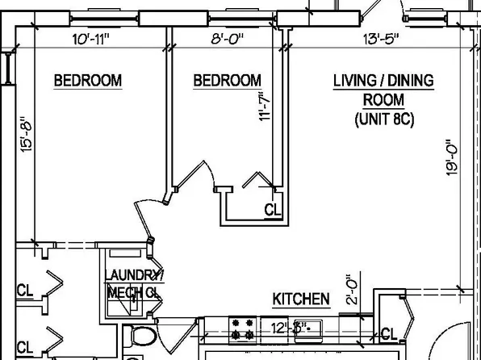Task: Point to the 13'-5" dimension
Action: (x=379, y=38)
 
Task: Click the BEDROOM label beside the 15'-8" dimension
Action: (x=87, y=81)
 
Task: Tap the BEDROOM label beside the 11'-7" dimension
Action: (x=227, y=81)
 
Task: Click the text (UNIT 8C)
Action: (x=383, y=119)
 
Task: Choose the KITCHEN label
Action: (x=300, y=299)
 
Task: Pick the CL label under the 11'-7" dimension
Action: (x=274, y=210)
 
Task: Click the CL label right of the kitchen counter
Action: (x=388, y=333)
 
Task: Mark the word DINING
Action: (x=412, y=81)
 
